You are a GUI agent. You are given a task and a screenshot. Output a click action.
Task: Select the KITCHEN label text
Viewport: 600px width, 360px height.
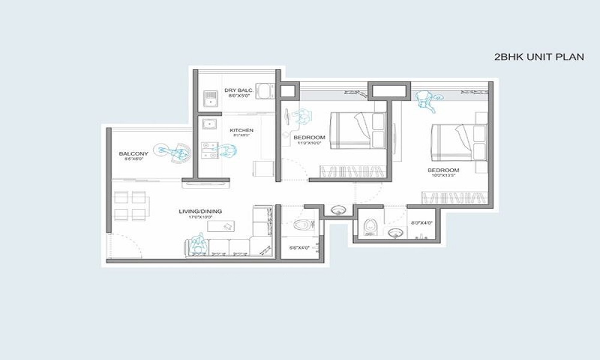(241, 130)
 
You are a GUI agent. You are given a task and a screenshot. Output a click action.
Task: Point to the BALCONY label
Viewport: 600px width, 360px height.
(133, 154)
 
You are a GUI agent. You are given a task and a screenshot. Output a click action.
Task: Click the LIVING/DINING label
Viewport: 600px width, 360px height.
(200, 211)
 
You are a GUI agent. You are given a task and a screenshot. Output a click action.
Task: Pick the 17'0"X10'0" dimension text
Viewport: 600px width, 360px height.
(200, 218)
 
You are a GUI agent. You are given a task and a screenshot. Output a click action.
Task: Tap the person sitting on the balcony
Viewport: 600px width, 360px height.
(171, 151)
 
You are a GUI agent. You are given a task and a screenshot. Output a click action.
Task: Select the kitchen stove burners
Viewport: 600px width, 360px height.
(208, 150)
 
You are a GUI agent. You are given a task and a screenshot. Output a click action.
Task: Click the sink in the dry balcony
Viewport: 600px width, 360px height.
(209, 98)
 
